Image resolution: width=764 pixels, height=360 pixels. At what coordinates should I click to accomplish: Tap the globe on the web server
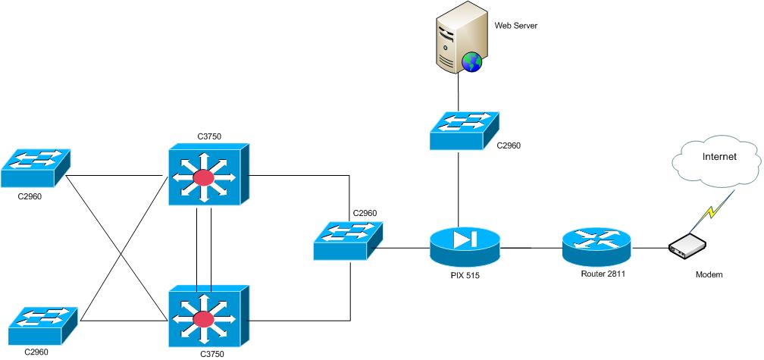472,61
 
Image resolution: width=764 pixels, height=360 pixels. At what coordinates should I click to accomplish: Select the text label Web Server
516,26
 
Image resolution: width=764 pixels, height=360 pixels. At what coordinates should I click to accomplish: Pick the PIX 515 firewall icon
465,243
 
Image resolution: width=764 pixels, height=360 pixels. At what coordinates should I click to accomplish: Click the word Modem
709,274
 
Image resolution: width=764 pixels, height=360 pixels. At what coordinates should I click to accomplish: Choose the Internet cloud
715,160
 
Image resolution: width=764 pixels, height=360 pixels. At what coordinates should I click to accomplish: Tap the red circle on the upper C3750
202,178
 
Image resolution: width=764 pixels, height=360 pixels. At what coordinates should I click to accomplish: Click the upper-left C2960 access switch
35,167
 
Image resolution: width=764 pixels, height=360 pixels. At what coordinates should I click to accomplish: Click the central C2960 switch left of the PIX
349,243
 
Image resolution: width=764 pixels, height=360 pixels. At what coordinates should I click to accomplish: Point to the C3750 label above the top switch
209,137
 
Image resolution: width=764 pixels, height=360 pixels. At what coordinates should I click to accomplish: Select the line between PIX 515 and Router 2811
531,247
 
